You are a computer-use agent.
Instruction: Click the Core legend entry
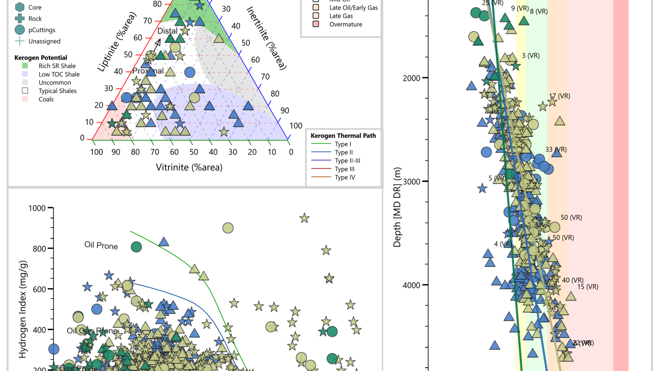click(x=35, y=7)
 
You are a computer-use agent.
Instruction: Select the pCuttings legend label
click(x=42, y=30)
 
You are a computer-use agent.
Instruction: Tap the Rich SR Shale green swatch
click(x=25, y=66)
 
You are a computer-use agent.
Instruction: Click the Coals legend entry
click(x=46, y=99)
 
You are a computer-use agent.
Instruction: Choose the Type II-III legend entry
click(x=347, y=161)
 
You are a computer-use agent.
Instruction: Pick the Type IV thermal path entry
click(x=345, y=177)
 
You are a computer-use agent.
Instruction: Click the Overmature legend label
click(x=346, y=24)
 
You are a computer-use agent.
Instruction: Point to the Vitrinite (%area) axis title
click(x=189, y=167)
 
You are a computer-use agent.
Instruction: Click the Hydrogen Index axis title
click(x=23, y=309)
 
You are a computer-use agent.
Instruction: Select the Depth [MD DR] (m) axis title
click(x=397, y=207)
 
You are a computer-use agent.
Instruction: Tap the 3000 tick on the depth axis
click(x=412, y=182)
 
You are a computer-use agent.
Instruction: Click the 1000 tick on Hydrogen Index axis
click(x=37, y=208)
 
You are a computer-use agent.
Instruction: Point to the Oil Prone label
click(x=101, y=245)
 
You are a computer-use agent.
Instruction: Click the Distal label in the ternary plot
click(x=167, y=31)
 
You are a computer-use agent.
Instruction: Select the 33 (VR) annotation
click(x=556, y=149)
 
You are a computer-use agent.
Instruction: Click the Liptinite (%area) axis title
click(x=117, y=42)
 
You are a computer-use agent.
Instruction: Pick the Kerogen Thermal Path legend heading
click(x=343, y=136)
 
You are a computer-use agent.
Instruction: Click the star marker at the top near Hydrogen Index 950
click(x=304, y=218)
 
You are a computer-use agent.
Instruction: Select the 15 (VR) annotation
click(x=588, y=287)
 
